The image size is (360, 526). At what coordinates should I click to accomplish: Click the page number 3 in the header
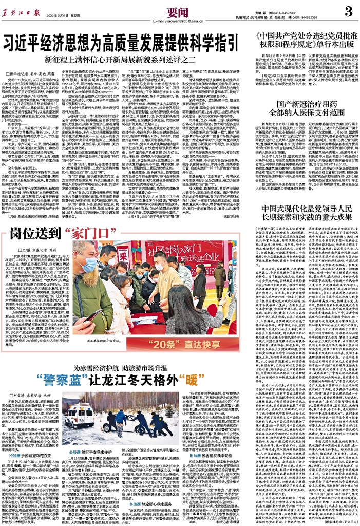coord(347,11)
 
